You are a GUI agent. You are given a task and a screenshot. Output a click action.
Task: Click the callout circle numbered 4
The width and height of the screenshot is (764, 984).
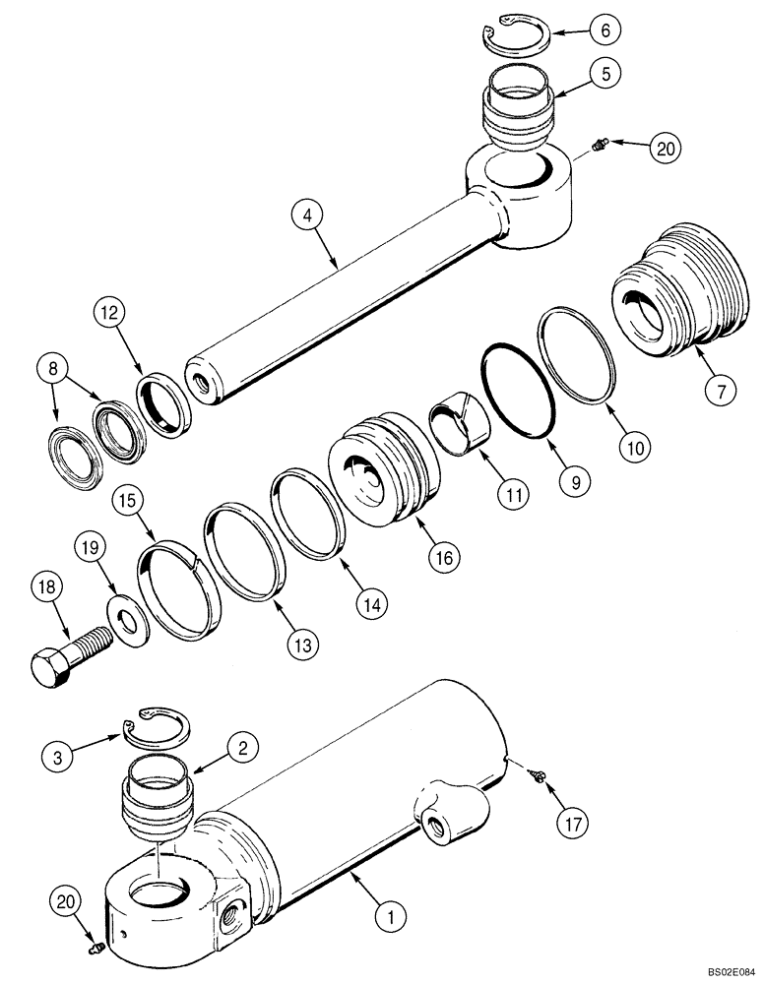click(x=308, y=212)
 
